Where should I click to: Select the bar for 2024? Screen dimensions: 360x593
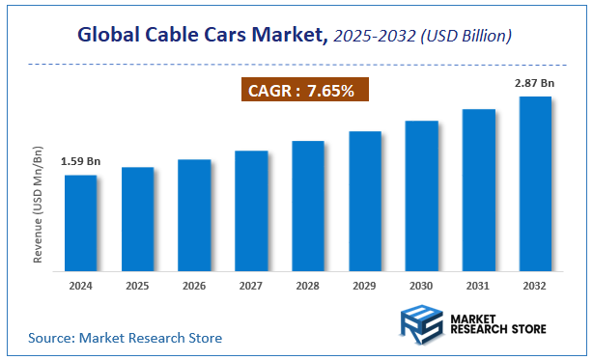pyautogui.click(x=80, y=221)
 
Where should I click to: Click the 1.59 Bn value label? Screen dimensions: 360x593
pyautogui.click(x=80, y=162)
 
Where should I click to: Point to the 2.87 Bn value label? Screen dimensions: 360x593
pyautogui.click(x=534, y=84)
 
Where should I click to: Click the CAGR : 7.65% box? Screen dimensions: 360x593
pyautogui.click(x=303, y=91)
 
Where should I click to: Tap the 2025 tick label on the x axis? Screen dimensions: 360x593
pyautogui.click(x=137, y=285)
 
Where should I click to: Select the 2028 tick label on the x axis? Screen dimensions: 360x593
pyautogui.click(x=308, y=285)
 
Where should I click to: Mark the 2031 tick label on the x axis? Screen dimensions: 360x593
pyautogui.click(x=478, y=285)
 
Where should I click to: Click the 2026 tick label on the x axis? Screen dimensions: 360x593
pyautogui.click(x=194, y=285)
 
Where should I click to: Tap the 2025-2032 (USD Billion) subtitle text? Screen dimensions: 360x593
pyautogui.click(x=422, y=36)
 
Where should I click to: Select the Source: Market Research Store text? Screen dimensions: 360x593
pyautogui.click(x=126, y=338)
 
